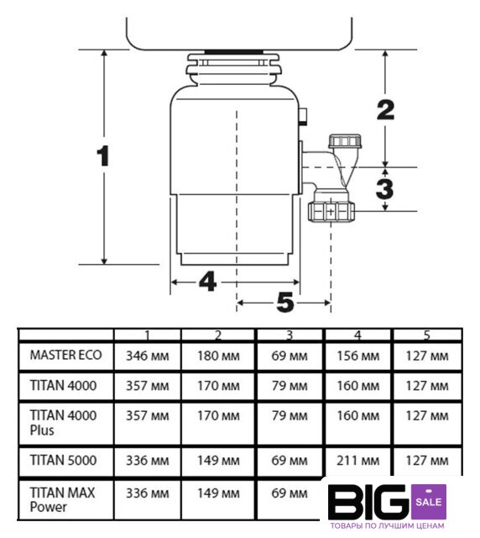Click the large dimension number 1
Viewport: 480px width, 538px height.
[x=102, y=156]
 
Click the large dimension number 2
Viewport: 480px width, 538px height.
[x=386, y=110]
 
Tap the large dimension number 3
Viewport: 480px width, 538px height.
[x=385, y=188]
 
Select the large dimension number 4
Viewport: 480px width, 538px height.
[x=207, y=282]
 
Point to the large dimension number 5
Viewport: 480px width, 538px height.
[x=285, y=303]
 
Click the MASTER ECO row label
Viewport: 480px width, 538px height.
[x=65, y=355]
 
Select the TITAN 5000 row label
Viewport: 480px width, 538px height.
[x=64, y=460]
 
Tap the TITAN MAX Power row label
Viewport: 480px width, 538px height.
[x=62, y=499]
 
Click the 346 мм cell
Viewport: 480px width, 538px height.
[x=148, y=356]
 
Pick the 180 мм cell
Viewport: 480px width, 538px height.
[x=218, y=356]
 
